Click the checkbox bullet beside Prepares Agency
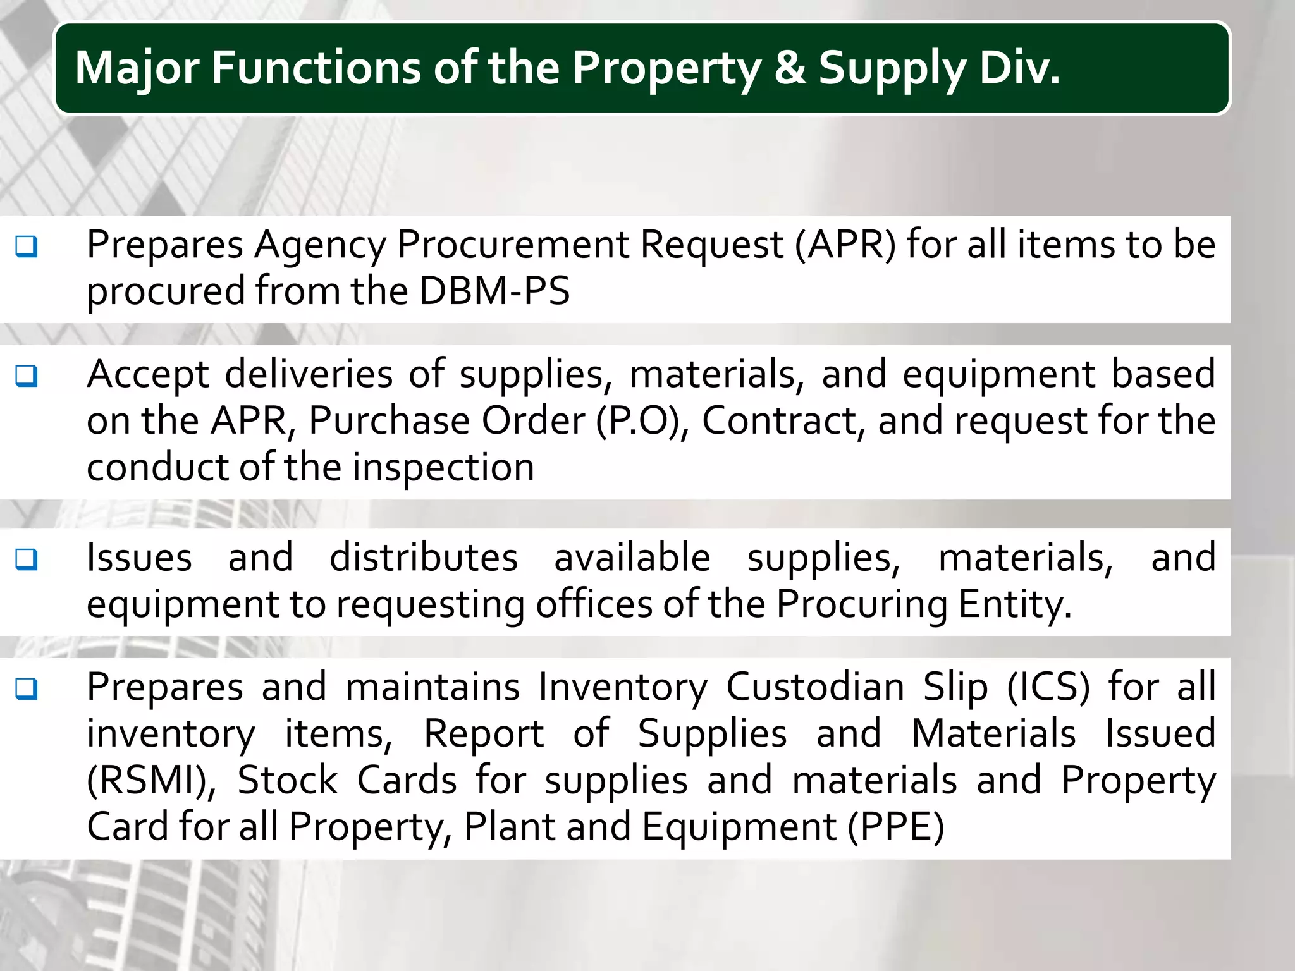(27, 246)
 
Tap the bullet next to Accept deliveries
(27, 376)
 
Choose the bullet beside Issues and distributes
(27, 559)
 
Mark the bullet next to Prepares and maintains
(27, 688)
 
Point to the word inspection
(443, 467)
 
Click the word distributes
(424, 558)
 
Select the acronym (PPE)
(895, 827)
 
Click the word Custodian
(815, 687)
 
